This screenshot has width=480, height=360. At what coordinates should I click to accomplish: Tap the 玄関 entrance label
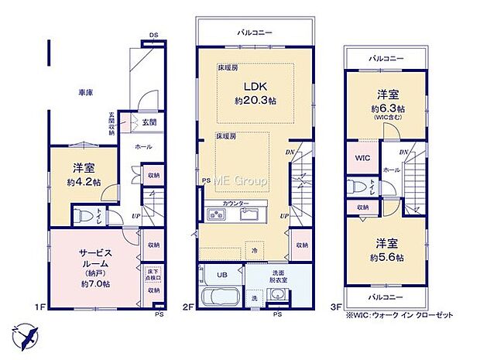point(149,122)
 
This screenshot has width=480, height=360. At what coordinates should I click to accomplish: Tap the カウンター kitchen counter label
point(235,203)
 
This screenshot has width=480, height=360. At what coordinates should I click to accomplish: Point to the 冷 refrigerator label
point(254,250)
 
